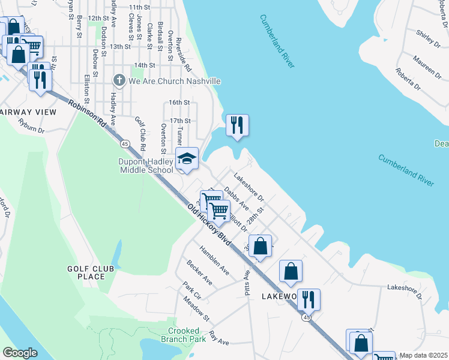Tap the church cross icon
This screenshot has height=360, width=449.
click(x=119, y=80)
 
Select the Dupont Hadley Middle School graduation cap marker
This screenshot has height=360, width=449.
click(x=187, y=159)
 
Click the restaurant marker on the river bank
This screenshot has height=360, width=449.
click(x=237, y=125)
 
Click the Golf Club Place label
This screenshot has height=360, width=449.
click(x=91, y=272)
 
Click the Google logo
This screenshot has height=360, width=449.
click(x=20, y=352)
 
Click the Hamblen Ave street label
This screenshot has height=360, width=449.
click(x=215, y=261)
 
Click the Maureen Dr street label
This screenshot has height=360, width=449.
click(x=426, y=65)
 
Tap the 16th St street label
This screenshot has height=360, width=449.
click(x=179, y=103)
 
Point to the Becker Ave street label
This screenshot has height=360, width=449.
click(x=199, y=272)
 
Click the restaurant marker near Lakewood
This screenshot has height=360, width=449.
click(x=309, y=299)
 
